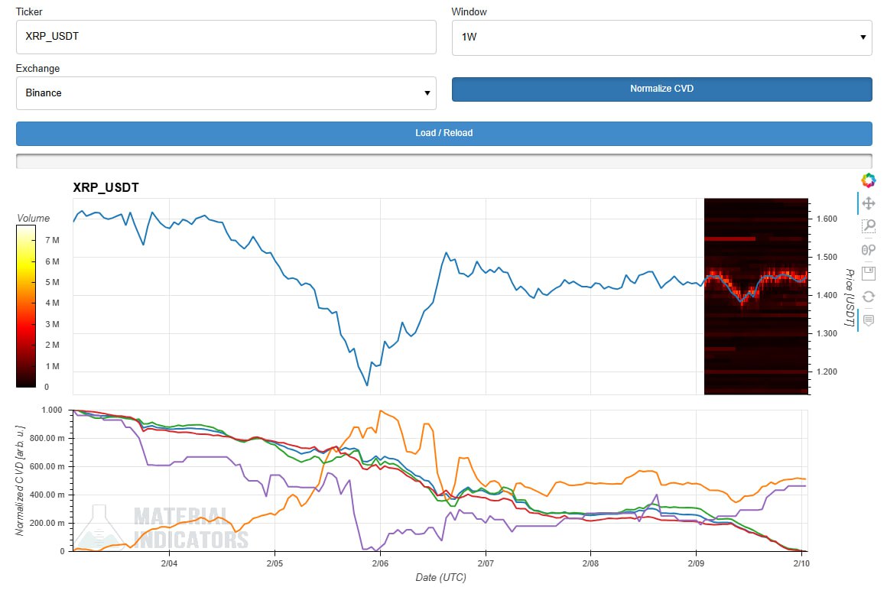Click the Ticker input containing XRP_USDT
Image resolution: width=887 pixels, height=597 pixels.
[x=226, y=37]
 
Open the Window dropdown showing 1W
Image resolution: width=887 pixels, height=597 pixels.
[x=661, y=37]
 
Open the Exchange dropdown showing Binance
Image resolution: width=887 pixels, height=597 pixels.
[x=226, y=93]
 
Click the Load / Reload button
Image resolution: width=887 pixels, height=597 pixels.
[x=443, y=133]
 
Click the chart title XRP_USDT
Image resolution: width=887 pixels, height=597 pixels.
[x=106, y=187]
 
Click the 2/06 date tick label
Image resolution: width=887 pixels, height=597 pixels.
[x=380, y=563]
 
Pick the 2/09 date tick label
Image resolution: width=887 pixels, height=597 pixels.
[x=695, y=563]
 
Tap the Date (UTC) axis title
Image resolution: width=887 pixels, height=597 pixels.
[x=440, y=578]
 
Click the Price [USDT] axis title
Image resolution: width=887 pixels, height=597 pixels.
[x=849, y=297]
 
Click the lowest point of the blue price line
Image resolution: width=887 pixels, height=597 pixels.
[x=367, y=385]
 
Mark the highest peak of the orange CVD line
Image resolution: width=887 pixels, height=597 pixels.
[x=380, y=410]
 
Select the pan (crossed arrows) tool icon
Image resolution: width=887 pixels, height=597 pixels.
[x=868, y=204]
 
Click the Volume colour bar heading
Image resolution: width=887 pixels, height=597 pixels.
[x=33, y=218]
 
